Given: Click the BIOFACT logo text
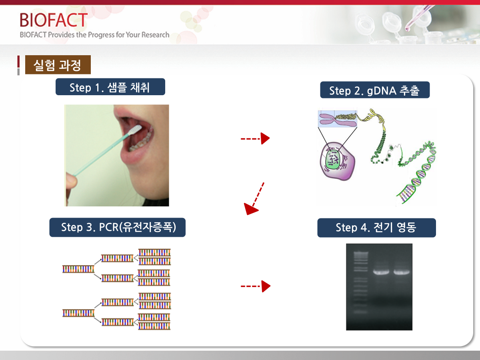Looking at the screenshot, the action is [54, 20].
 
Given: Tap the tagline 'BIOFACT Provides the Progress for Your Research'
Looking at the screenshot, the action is [94, 35].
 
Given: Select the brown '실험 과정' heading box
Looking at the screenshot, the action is [58, 65].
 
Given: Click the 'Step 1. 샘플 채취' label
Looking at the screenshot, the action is [110, 87].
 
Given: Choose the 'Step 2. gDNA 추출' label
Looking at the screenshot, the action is [375, 90].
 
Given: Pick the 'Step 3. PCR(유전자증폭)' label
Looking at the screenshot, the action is [118, 227].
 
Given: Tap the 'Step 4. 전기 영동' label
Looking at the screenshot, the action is [376, 228].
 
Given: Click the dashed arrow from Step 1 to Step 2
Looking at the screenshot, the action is [255, 138].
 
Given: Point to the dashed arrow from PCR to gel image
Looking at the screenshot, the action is [256, 286].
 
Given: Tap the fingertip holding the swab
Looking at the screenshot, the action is [71, 180].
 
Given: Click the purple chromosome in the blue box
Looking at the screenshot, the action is [338, 119].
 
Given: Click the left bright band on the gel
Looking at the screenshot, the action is [381, 272].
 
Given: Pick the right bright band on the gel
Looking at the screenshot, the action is [402, 272].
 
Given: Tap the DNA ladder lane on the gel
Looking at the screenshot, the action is [361, 282].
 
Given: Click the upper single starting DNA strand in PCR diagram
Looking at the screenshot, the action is [78, 269].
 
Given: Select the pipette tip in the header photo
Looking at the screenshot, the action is [407, 28].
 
